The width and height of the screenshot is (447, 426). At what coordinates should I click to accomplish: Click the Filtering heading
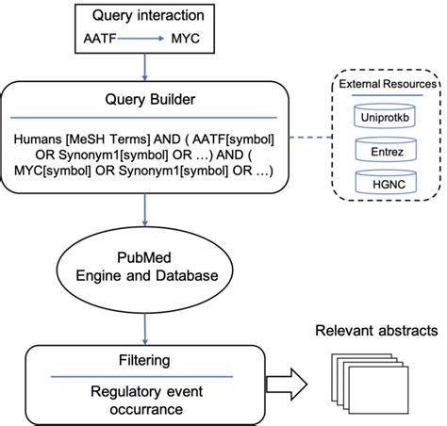click(144, 359)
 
